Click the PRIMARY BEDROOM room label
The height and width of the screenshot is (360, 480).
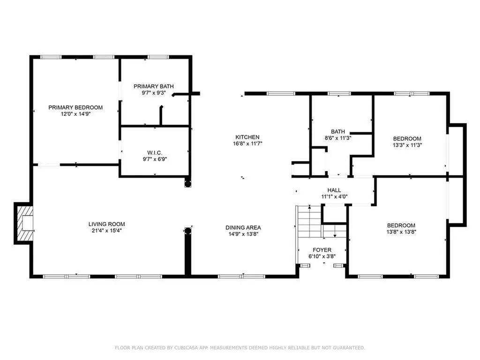coord(75,107)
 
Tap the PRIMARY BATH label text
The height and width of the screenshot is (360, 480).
coord(154,86)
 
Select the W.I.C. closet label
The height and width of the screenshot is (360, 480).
coord(155,153)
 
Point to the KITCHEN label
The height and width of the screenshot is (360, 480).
coord(247,137)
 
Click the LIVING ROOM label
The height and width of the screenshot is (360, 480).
coord(106,224)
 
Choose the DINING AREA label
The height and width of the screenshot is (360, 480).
coord(243,227)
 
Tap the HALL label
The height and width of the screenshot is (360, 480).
coord(334,190)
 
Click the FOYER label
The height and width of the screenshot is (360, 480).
coord(322,250)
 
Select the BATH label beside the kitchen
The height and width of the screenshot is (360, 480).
coord(338,131)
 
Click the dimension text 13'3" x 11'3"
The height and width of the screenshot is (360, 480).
coord(407,145)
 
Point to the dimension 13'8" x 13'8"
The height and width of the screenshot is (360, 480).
coord(401,232)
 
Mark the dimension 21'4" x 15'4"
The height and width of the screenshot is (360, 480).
coord(106,231)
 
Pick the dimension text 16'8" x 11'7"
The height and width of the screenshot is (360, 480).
coord(247,143)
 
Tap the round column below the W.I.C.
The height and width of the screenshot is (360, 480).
coord(187,184)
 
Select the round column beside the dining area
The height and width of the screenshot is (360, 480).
coord(188,231)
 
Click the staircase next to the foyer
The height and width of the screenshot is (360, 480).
coord(309,221)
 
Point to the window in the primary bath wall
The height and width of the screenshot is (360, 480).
coord(158,57)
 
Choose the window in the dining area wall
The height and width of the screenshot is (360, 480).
coord(241,277)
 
